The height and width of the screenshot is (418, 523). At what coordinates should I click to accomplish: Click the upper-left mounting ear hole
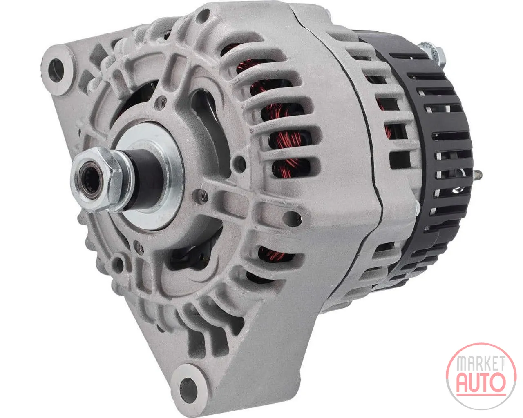[x=56, y=70]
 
